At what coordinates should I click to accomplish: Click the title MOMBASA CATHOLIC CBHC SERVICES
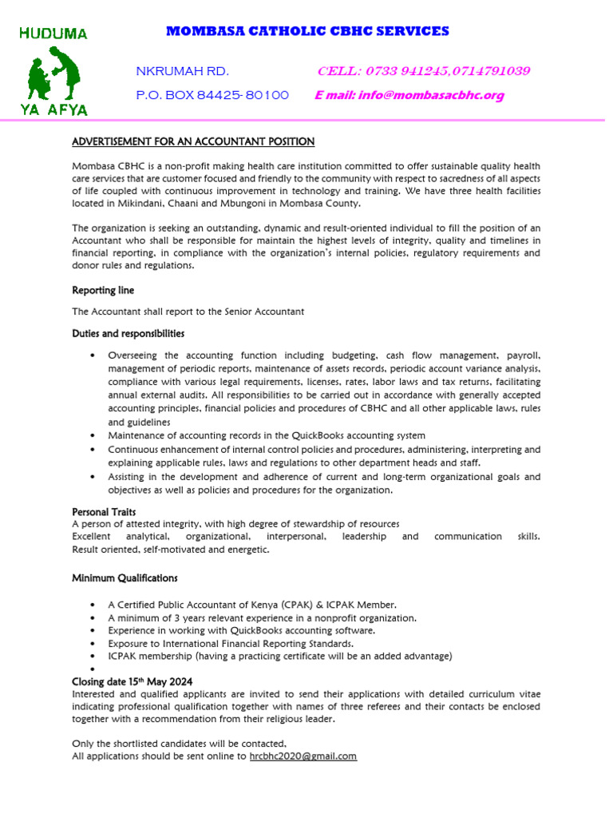pos(307,31)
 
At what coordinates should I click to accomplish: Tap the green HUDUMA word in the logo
pos(53,34)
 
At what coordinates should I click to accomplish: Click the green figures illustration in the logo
pos(54,73)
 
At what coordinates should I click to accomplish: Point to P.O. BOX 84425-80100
pos(212,95)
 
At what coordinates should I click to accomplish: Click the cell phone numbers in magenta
pos(423,71)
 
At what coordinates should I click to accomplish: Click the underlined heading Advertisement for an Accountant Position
pos(193,141)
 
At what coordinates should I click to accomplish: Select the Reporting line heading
pos(103,290)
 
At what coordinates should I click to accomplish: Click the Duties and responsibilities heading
pos(129,333)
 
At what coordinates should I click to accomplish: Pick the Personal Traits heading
pos(104,511)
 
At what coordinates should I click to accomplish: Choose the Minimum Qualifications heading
pos(125,578)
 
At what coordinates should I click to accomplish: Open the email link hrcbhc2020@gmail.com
pos(303,756)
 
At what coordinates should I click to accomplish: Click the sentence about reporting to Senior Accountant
pos(188,312)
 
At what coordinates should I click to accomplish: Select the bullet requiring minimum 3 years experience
pos(262,617)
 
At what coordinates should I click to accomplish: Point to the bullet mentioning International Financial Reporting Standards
pos(231,643)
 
